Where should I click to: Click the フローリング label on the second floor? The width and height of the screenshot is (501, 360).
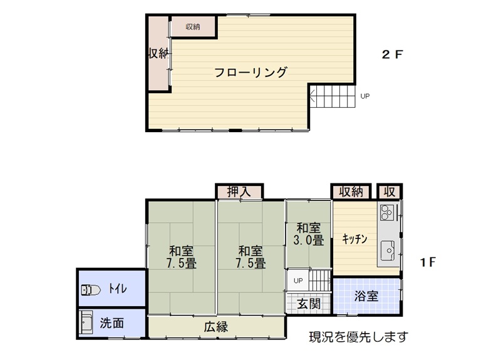pos(250,73)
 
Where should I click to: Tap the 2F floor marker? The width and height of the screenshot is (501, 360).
pos(393,54)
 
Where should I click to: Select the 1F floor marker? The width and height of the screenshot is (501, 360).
pos(428,262)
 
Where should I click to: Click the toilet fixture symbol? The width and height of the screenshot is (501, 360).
pos(91,290)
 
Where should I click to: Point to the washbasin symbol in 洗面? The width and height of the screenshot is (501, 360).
pos(86,322)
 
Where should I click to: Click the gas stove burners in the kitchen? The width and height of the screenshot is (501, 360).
pos(386,212)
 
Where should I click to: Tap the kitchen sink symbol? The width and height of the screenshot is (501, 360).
pos(388,250)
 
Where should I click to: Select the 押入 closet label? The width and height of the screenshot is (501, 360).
pos(239,192)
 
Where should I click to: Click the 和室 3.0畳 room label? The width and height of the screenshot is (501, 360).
pos(309,234)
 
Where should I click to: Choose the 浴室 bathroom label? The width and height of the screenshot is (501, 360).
pos(366,296)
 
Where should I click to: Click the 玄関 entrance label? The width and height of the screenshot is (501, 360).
pos(309,304)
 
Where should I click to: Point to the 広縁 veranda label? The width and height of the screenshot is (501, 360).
pos(216,327)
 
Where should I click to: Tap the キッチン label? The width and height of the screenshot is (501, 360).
pos(354,239)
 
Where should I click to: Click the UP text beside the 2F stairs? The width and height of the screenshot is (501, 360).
pos(365,96)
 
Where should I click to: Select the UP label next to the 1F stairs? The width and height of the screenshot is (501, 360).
pos(298,280)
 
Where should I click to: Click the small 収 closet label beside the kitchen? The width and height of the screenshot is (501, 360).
pos(390,192)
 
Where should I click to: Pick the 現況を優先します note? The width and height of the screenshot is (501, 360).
pos(358,337)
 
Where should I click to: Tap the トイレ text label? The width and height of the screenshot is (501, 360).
pos(118,289)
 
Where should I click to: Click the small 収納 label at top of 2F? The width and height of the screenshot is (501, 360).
pos(193,27)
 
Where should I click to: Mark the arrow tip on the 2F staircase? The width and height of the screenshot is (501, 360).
pos(310,95)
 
